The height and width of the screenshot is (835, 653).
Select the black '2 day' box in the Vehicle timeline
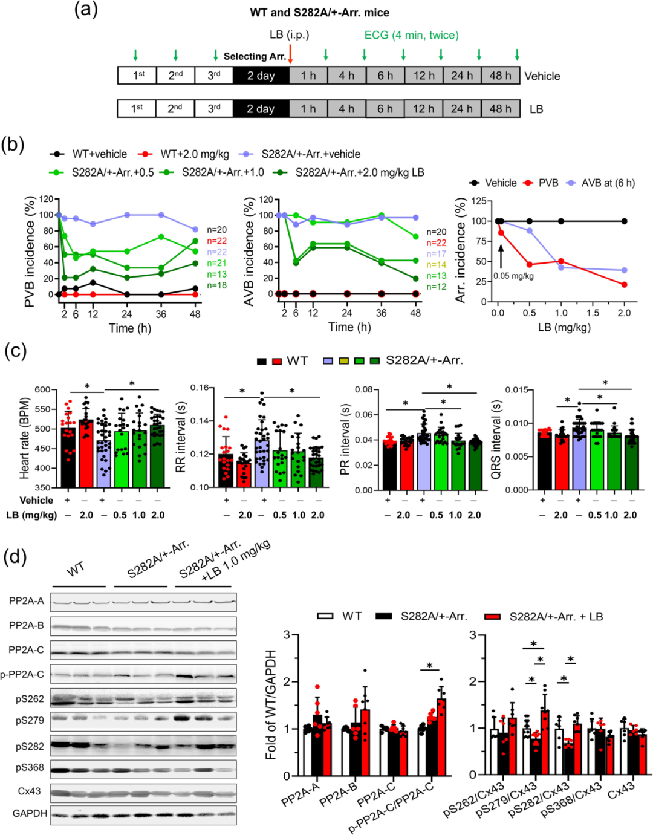tap(261, 76)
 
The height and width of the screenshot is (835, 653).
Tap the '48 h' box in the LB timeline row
tap(500, 109)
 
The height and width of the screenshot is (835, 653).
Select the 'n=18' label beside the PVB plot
tap(216, 285)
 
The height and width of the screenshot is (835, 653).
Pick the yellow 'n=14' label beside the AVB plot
tap(436, 265)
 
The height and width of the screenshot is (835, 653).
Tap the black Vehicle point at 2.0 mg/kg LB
tap(624, 221)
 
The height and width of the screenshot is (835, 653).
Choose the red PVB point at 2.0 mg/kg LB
tap(624, 285)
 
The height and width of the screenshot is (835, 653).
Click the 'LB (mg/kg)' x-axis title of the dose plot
tap(561, 327)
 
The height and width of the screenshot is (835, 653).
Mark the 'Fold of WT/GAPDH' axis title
tap(271, 704)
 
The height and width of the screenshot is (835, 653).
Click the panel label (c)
tap(15, 353)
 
